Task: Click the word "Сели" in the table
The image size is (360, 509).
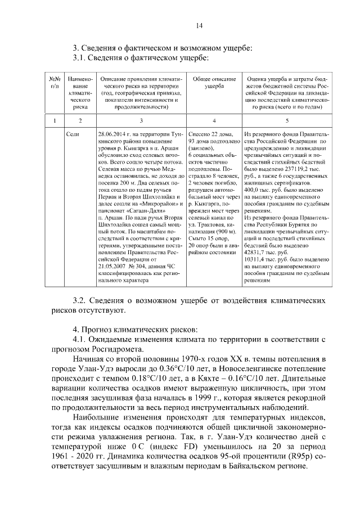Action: (x=72, y=134)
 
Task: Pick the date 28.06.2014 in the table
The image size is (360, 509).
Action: (x=110, y=134)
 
